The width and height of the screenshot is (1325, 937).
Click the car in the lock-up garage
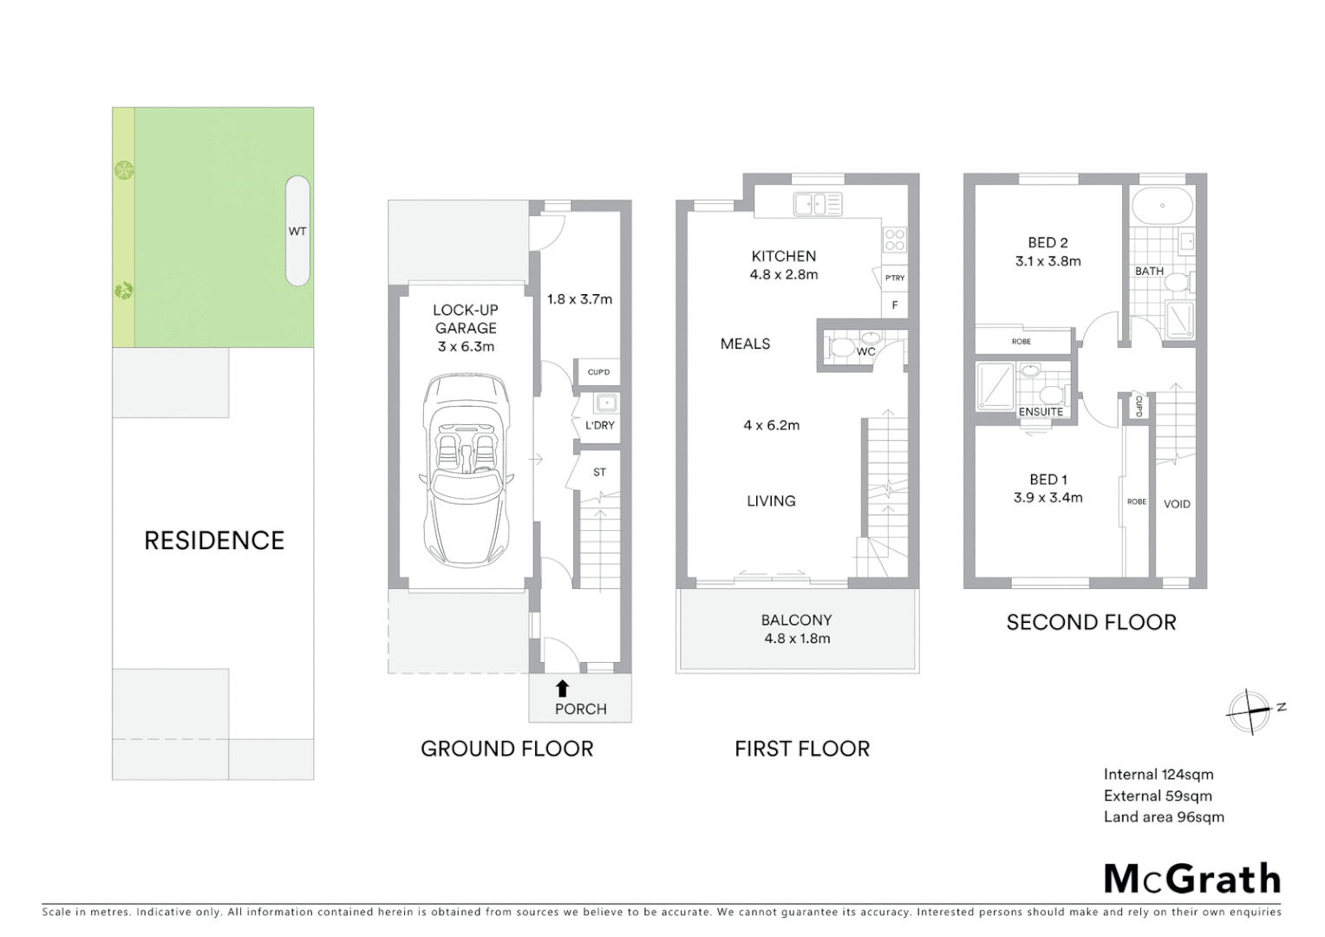click(466, 470)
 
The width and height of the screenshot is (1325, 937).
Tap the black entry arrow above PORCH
click(562, 689)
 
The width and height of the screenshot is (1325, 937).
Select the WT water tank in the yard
click(297, 231)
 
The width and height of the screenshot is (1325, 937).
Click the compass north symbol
click(1250, 712)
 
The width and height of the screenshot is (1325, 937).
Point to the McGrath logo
click(1191, 879)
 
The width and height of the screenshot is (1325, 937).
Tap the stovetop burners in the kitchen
click(894, 239)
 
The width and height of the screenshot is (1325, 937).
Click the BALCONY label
click(796, 620)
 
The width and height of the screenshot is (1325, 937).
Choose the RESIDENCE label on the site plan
click(214, 541)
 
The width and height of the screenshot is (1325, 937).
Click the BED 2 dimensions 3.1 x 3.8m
click(1048, 261)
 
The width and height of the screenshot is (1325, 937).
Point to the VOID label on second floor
click(1176, 504)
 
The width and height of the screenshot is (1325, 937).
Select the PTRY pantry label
click(895, 278)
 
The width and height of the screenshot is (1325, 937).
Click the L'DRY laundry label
click(599, 425)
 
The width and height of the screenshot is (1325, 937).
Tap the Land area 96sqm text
click(1164, 817)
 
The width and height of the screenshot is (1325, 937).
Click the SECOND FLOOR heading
click(1091, 622)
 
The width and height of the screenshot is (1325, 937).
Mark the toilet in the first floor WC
click(841, 349)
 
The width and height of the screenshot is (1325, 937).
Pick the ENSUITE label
click(1041, 411)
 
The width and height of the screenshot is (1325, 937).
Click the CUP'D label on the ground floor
click(598, 372)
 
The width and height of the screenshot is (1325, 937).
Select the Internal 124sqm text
click(1159, 775)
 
